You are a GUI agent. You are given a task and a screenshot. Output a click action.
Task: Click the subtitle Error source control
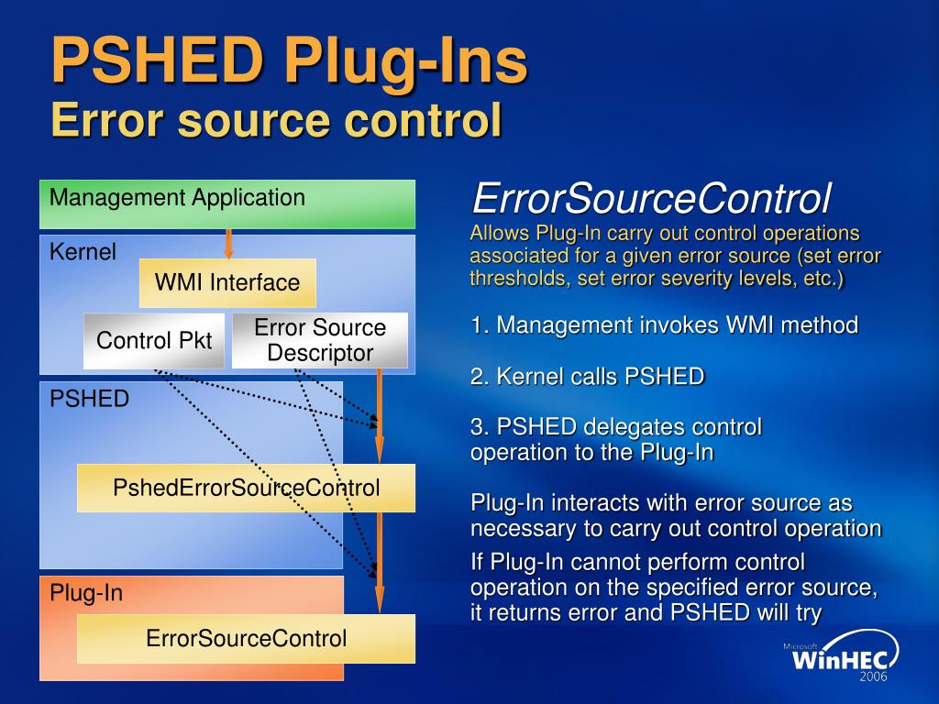[275, 120]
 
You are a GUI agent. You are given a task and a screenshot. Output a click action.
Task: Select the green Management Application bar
[226, 203]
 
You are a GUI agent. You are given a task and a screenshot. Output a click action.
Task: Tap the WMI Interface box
[226, 282]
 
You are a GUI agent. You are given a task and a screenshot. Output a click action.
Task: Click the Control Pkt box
[153, 341]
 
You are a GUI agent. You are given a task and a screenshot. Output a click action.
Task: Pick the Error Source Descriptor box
[319, 341]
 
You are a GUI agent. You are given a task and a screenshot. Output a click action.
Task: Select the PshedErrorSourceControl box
[245, 488]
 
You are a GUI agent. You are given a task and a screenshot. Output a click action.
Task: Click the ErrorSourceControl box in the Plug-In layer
[245, 638]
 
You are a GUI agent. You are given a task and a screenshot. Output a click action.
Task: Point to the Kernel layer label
[83, 252]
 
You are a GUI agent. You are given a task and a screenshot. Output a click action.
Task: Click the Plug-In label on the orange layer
[86, 593]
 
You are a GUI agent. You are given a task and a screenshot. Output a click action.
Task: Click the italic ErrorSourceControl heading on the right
[651, 197]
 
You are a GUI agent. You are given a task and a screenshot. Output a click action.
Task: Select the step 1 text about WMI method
[664, 324]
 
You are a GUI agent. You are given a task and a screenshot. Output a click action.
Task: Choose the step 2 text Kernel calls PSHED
[587, 376]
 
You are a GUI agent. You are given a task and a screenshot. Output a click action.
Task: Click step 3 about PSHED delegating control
[615, 439]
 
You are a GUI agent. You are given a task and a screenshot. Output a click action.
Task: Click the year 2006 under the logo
[874, 676]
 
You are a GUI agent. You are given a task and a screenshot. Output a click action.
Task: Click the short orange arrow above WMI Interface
[228, 243]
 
